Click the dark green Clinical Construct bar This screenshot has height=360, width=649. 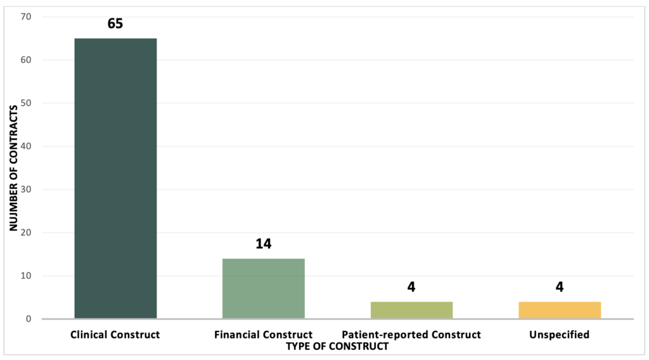coord(115,178)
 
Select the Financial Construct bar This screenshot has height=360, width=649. coord(264,288)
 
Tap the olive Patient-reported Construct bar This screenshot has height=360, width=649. coord(411,310)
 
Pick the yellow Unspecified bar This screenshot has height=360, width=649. coord(560,310)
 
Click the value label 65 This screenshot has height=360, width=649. coord(115,24)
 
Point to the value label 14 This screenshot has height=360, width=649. coord(264,244)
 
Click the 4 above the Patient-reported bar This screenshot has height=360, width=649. coord(411,287)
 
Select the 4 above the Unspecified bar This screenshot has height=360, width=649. coord(560,287)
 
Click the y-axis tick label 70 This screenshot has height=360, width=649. coord(25,16)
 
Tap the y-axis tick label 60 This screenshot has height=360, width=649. coord(25,60)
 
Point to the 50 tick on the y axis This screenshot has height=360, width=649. coord(25,103)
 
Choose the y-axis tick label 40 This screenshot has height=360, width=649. coord(25,146)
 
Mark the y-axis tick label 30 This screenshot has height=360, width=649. coord(25,190)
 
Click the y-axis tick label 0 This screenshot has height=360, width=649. coord(29,319)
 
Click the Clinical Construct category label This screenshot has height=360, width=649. coord(115,335)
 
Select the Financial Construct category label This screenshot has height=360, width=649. coord(264,335)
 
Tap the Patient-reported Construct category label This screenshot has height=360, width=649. coord(411,335)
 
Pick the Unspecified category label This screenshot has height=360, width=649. coord(560,335)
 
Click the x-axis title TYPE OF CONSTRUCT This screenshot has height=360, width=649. coord(337,346)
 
